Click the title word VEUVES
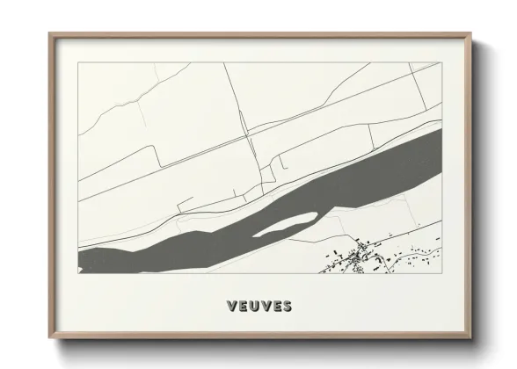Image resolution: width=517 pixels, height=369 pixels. (258, 307)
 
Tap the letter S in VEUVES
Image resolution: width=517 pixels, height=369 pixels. (287, 307)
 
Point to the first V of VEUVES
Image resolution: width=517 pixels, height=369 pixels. (231, 307)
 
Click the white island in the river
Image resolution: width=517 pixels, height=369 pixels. (285, 224)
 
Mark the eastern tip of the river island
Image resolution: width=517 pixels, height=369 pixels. (316, 214)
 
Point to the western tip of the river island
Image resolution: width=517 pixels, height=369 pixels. (253, 235)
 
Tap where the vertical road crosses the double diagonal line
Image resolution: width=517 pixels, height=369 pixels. (248, 139)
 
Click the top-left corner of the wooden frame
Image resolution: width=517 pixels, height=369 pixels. (49, 33)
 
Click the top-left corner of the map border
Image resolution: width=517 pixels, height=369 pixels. (78, 63)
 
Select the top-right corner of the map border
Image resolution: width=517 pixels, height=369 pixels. (440, 63)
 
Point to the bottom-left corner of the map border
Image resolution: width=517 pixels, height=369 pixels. (78, 273)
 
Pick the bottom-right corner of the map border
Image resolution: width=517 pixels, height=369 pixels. (440, 273)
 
